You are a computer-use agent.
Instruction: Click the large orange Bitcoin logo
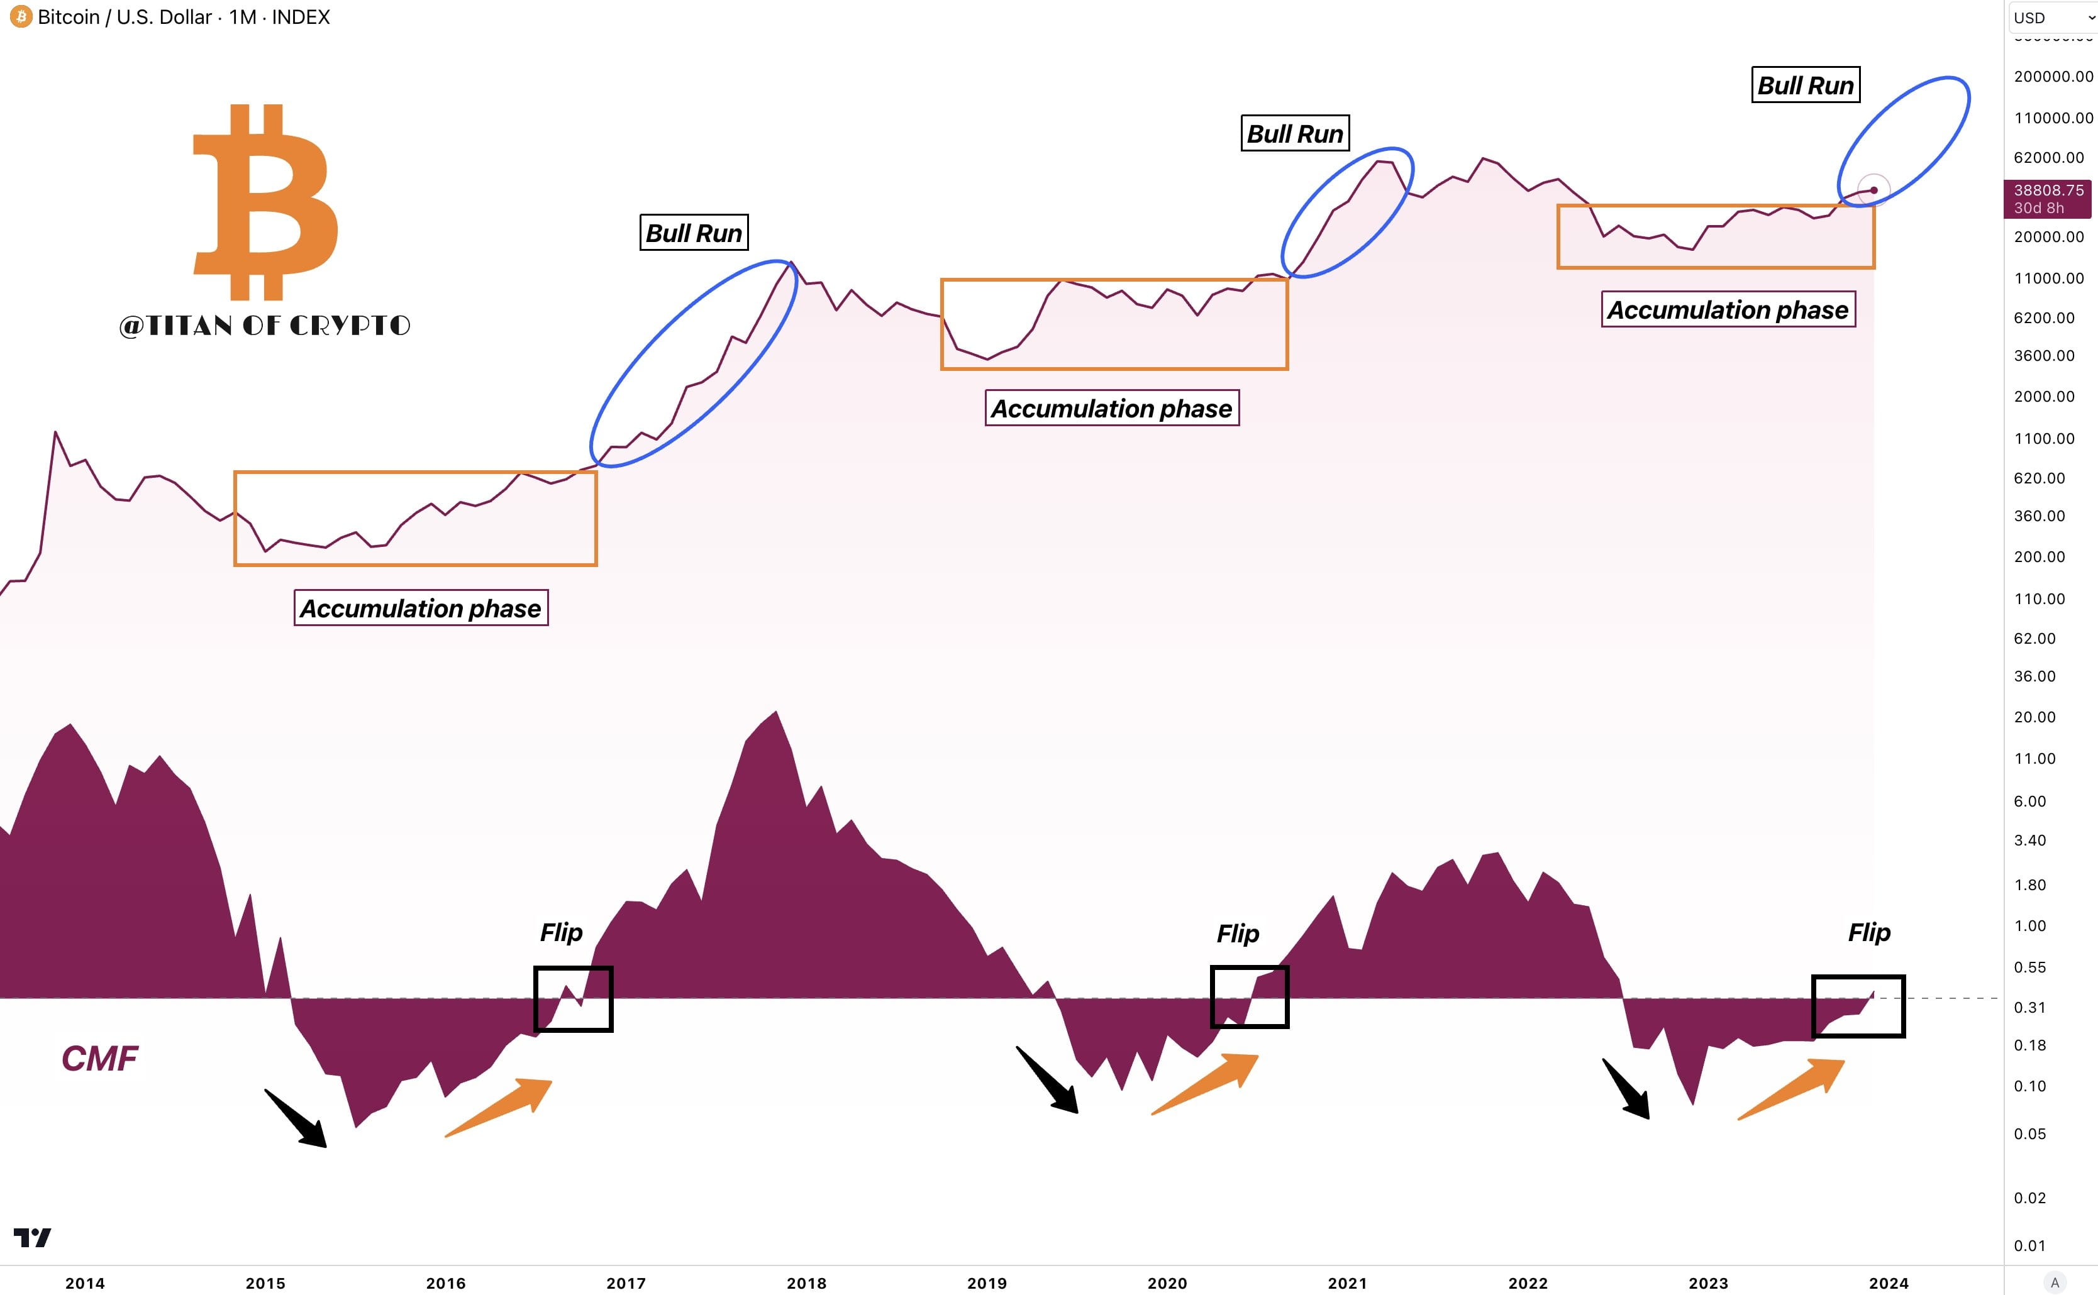click(264, 202)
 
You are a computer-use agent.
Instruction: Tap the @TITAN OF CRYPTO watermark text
click(265, 326)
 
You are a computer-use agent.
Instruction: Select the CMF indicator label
click(99, 1059)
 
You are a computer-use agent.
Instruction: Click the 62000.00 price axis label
click(2048, 158)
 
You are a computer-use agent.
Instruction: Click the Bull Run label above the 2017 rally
click(694, 233)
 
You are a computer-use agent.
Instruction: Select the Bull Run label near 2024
click(1805, 85)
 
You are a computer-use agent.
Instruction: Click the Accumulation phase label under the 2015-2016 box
click(421, 608)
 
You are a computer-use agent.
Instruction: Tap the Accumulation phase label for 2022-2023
click(1728, 310)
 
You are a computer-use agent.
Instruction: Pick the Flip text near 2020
click(1237, 934)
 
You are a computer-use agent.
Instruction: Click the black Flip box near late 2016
click(573, 999)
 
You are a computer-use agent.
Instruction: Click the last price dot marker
click(1873, 190)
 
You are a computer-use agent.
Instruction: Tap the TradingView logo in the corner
click(33, 1238)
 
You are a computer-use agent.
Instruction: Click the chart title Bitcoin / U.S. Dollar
click(125, 17)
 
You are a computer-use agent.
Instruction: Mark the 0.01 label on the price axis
click(2029, 1245)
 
